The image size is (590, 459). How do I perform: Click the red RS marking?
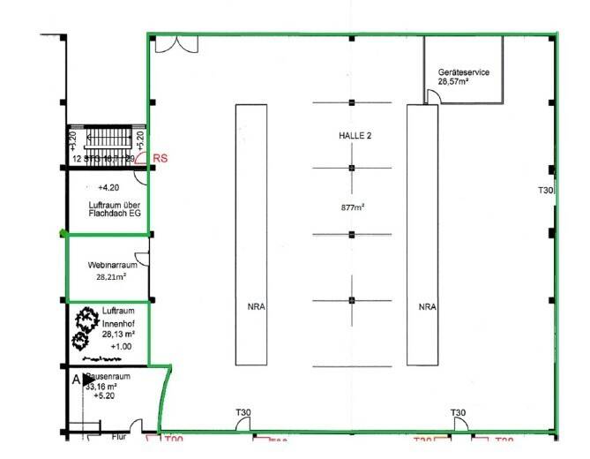tap(160, 159)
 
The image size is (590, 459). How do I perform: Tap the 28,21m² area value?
tap(110, 276)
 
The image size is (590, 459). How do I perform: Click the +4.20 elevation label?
tap(108, 188)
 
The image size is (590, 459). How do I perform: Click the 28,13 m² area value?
tap(117, 335)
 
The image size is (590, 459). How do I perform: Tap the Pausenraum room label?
tap(109, 376)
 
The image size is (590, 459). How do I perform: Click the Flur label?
tap(118, 436)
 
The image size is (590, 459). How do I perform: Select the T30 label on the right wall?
tap(545, 191)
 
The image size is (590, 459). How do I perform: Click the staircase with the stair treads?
tap(106, 139)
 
